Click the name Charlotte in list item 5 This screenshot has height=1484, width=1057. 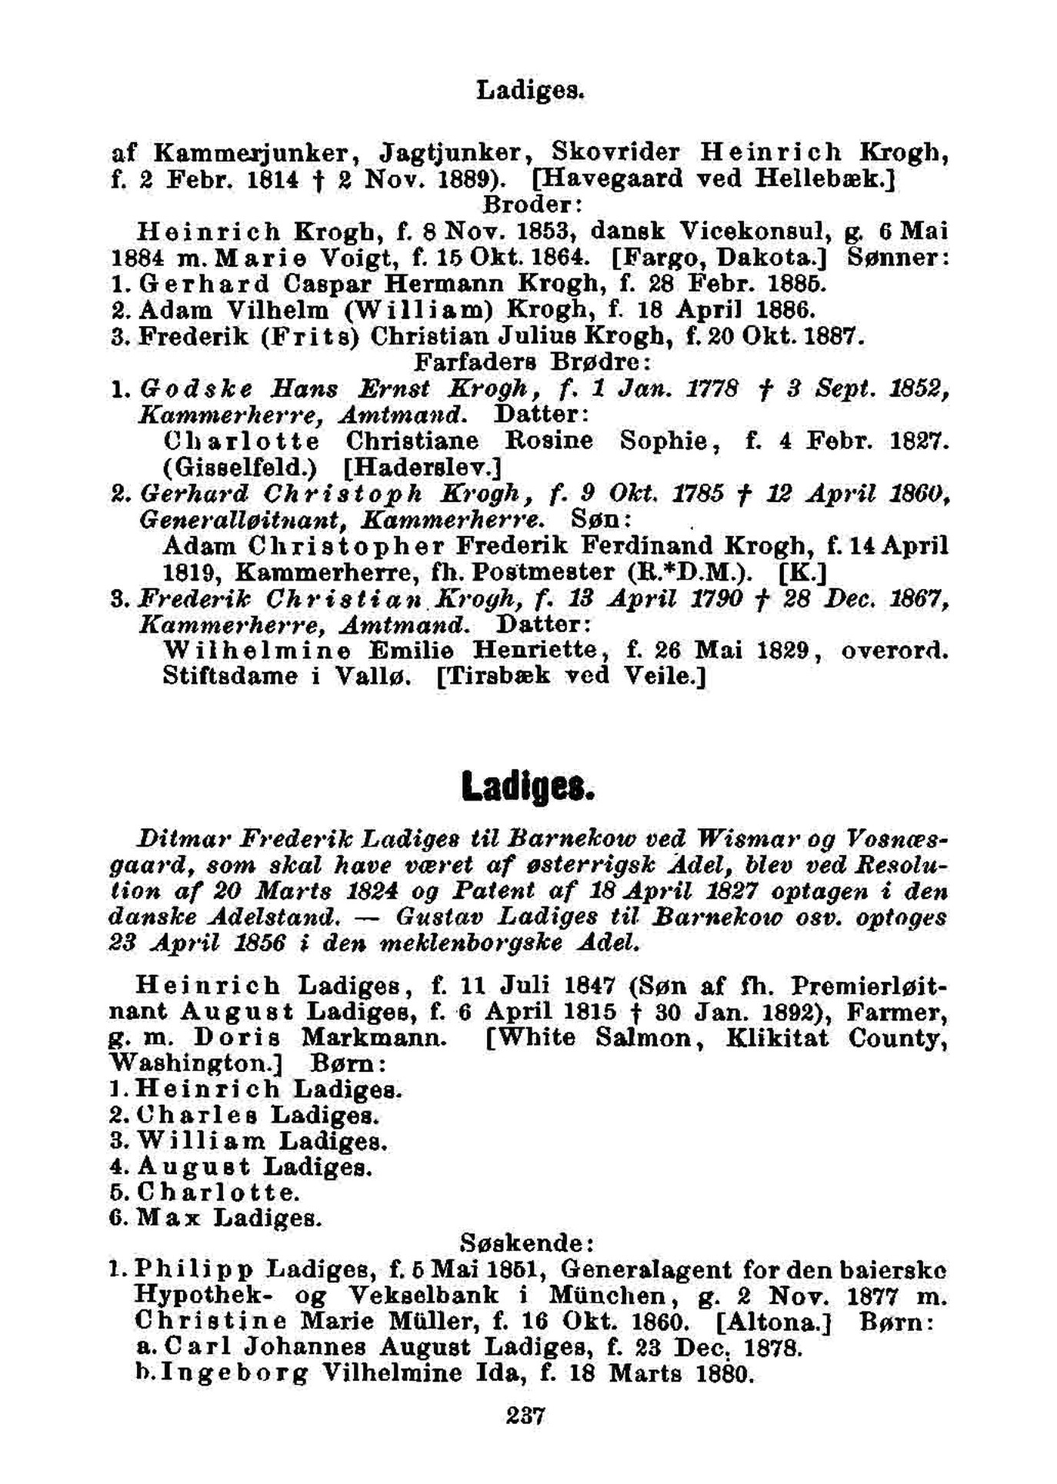tap(218, 1193)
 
